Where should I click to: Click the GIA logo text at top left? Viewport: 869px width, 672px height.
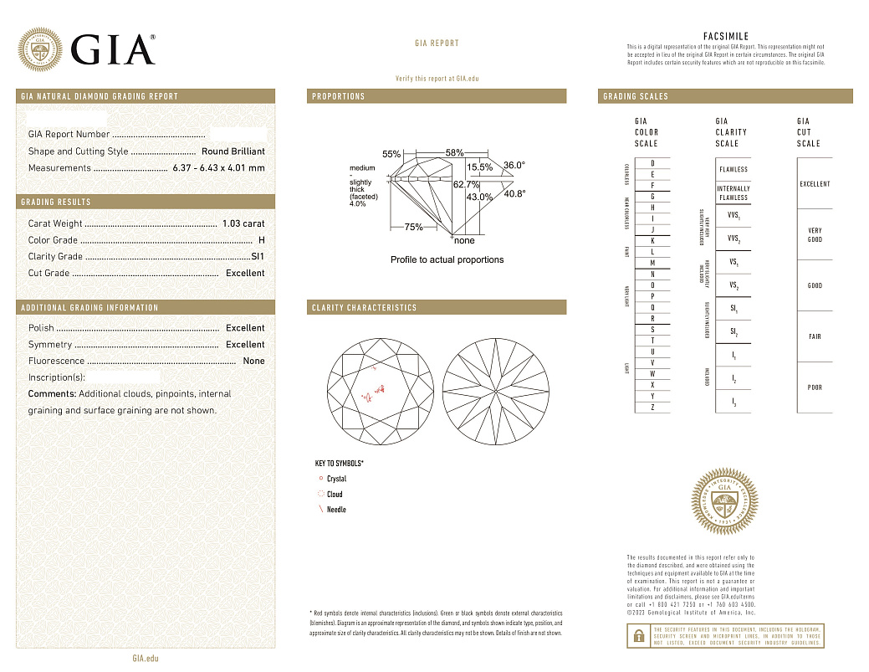[113, 49]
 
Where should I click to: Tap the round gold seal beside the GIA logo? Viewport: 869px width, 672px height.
[40, 49]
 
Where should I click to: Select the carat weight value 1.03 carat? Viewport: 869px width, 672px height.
[243, 223]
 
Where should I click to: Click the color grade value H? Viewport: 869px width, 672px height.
[262, 240]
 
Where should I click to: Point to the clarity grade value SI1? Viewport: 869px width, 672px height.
[258, 257]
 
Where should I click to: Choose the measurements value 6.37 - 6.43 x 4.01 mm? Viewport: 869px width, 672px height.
[218, 168]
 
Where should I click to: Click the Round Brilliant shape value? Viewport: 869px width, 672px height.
[233, 151]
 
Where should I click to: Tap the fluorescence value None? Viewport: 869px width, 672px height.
[253, 361]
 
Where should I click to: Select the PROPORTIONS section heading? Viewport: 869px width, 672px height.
[339, 96]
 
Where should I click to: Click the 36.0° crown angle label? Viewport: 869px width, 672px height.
[514, 165]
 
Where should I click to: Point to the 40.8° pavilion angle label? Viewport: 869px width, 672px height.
[514, 194]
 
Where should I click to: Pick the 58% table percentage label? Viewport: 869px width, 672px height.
[454, 153]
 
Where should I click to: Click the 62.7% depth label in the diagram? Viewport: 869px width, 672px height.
[466, 184]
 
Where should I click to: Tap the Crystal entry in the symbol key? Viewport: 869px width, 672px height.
[336, 479]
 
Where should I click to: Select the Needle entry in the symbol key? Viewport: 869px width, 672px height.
[336, 510]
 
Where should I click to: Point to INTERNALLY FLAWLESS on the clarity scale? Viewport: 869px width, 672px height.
[734, 193]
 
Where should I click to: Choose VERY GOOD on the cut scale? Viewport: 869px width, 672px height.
[815, 235]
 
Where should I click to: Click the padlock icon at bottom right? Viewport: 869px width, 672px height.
[637, 636]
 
